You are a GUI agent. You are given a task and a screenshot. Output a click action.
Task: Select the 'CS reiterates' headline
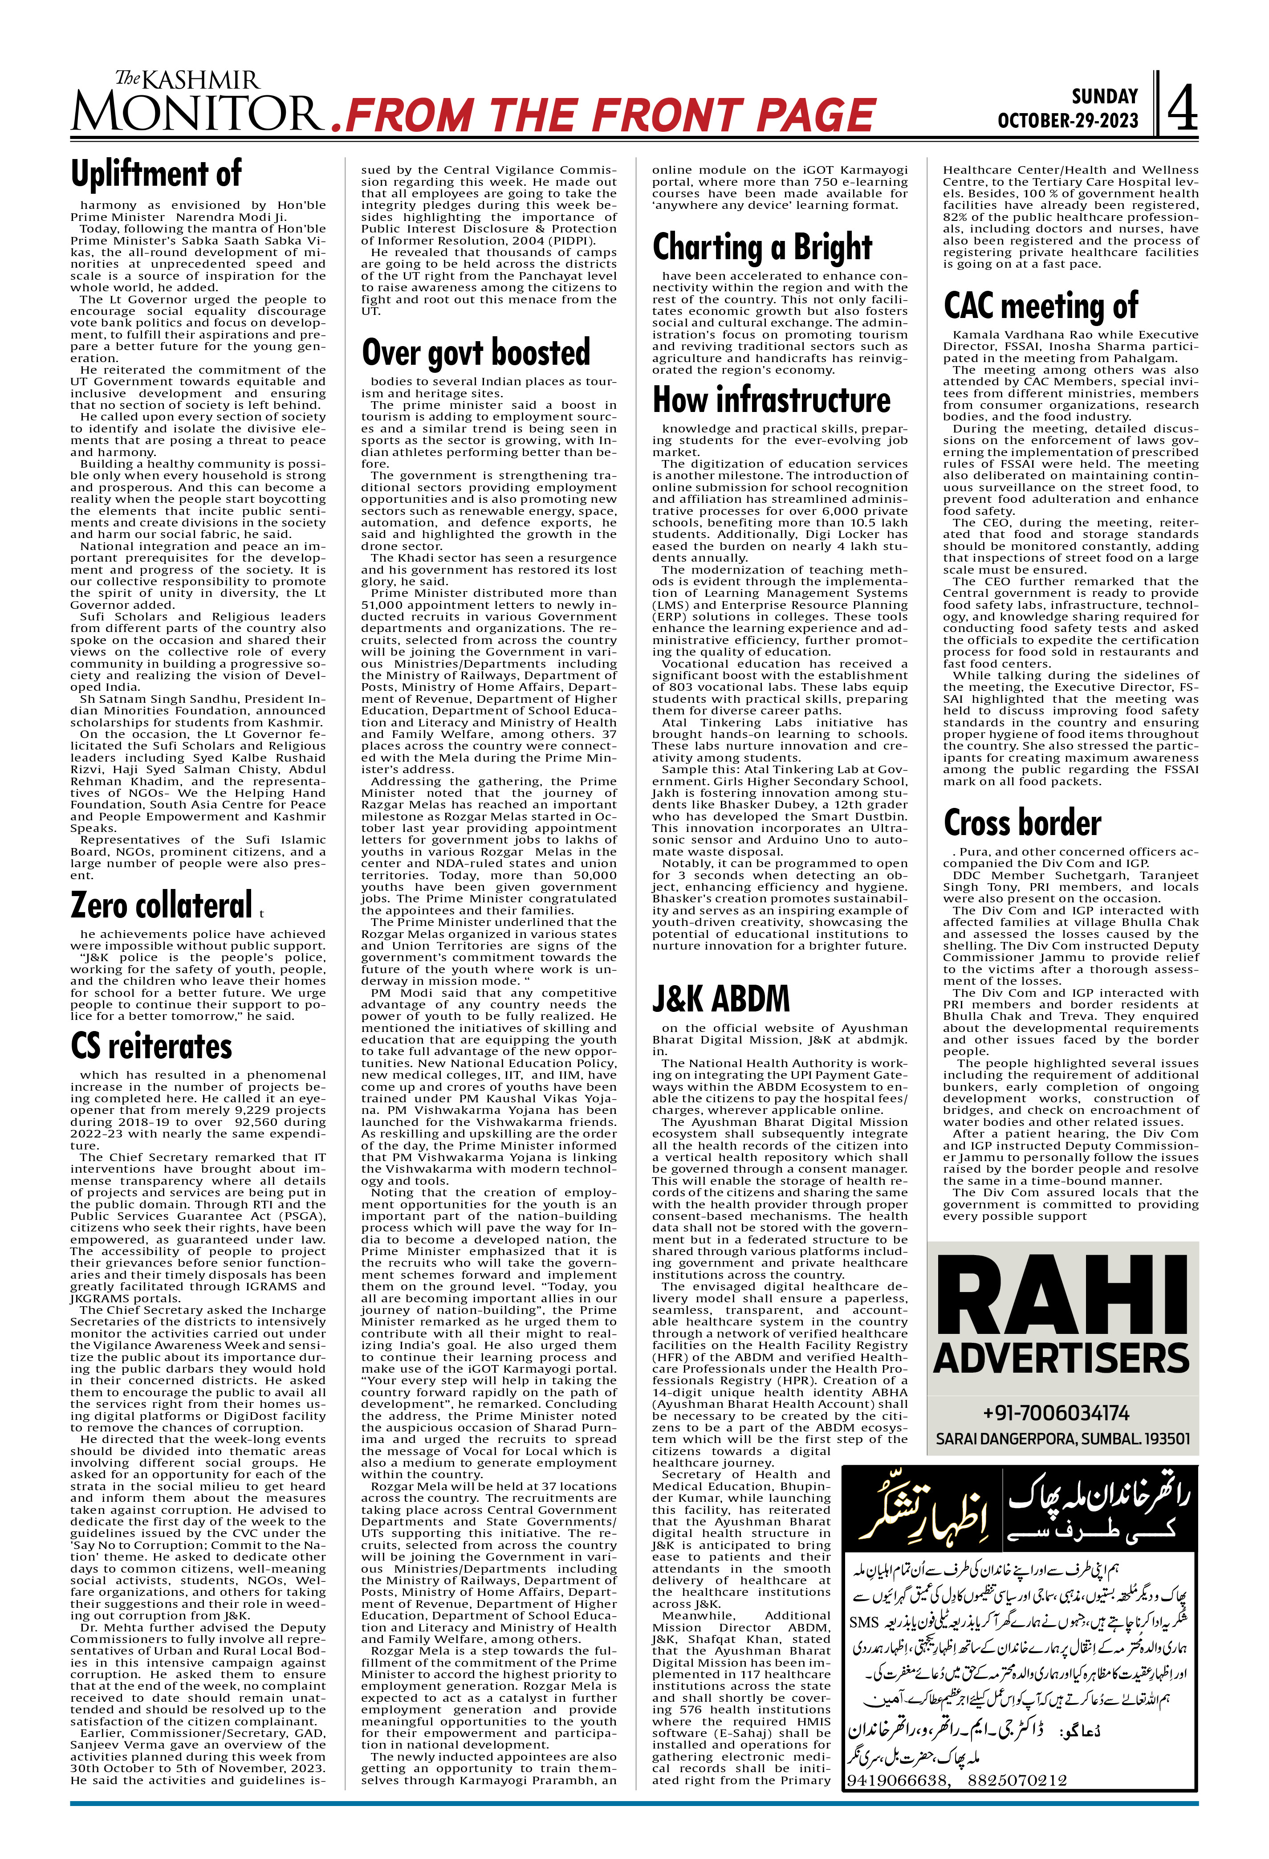pyautogui.click(x=151, y=1046)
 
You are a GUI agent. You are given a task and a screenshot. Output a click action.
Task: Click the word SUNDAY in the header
pyautogui.click(x=1104, y=97)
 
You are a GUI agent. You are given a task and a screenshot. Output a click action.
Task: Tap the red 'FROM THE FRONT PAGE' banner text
pyautogui.click(x=608, y=115)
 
